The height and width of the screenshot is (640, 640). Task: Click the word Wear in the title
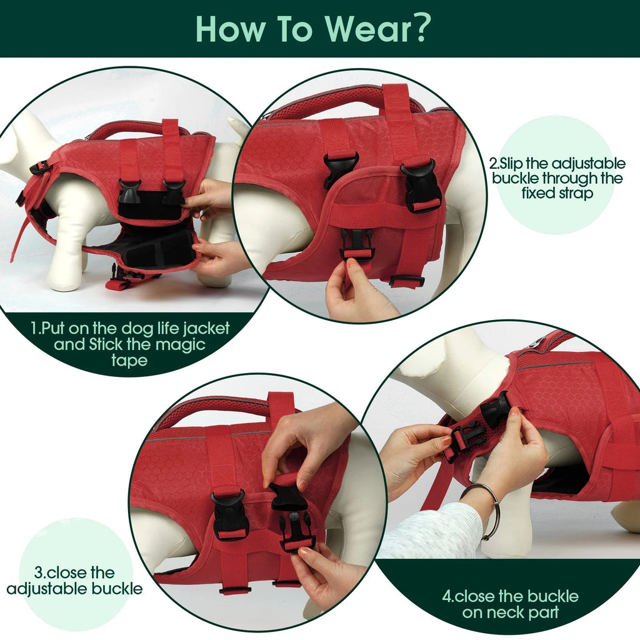pyautogui.click(x=361, y=28)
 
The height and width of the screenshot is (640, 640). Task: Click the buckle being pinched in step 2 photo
pyautogui.click(x=357, y=244)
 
